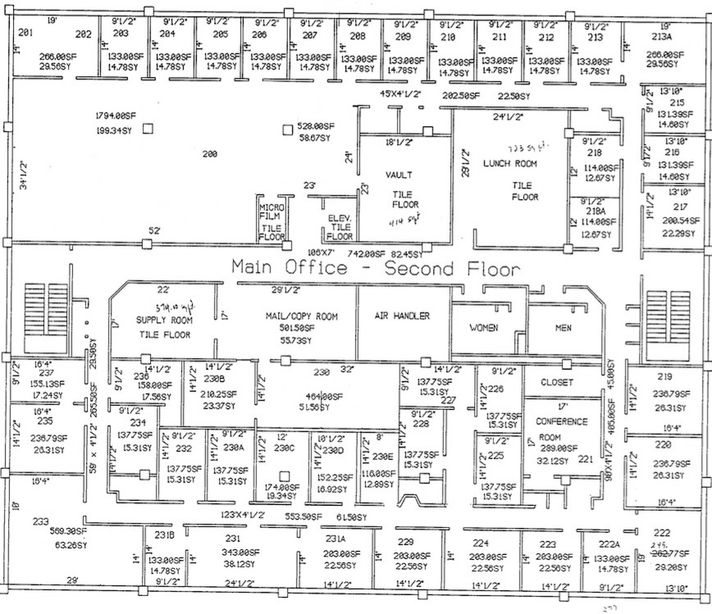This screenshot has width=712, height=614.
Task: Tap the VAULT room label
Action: [x=399, y=175]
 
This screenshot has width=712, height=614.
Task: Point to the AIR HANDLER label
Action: [x=402, y=316]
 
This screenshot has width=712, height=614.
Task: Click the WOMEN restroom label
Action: [x=483, y=328]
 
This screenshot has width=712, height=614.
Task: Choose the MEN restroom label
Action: [x=563, y=328]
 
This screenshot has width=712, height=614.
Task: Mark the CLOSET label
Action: [x=557, y=382]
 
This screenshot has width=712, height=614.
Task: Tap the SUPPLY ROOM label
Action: [x=164, y=320]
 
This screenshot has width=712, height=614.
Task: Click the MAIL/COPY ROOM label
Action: [x=301, y=316]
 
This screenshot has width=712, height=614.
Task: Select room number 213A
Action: [x=662, y=37]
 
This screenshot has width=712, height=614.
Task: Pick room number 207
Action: [x=310, y=35]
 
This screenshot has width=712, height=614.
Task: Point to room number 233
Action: [x=41, y=522]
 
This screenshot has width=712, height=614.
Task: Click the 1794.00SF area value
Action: [x=115, y=116]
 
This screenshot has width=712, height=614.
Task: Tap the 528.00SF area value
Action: [x=315, y=126]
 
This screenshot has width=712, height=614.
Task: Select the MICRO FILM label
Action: [x=272, y=212]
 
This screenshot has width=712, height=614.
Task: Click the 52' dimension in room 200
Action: [x=154, y=231]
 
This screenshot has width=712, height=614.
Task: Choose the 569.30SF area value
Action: [x=68, y=531]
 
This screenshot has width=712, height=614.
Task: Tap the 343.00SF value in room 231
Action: [x=241, y=552]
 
